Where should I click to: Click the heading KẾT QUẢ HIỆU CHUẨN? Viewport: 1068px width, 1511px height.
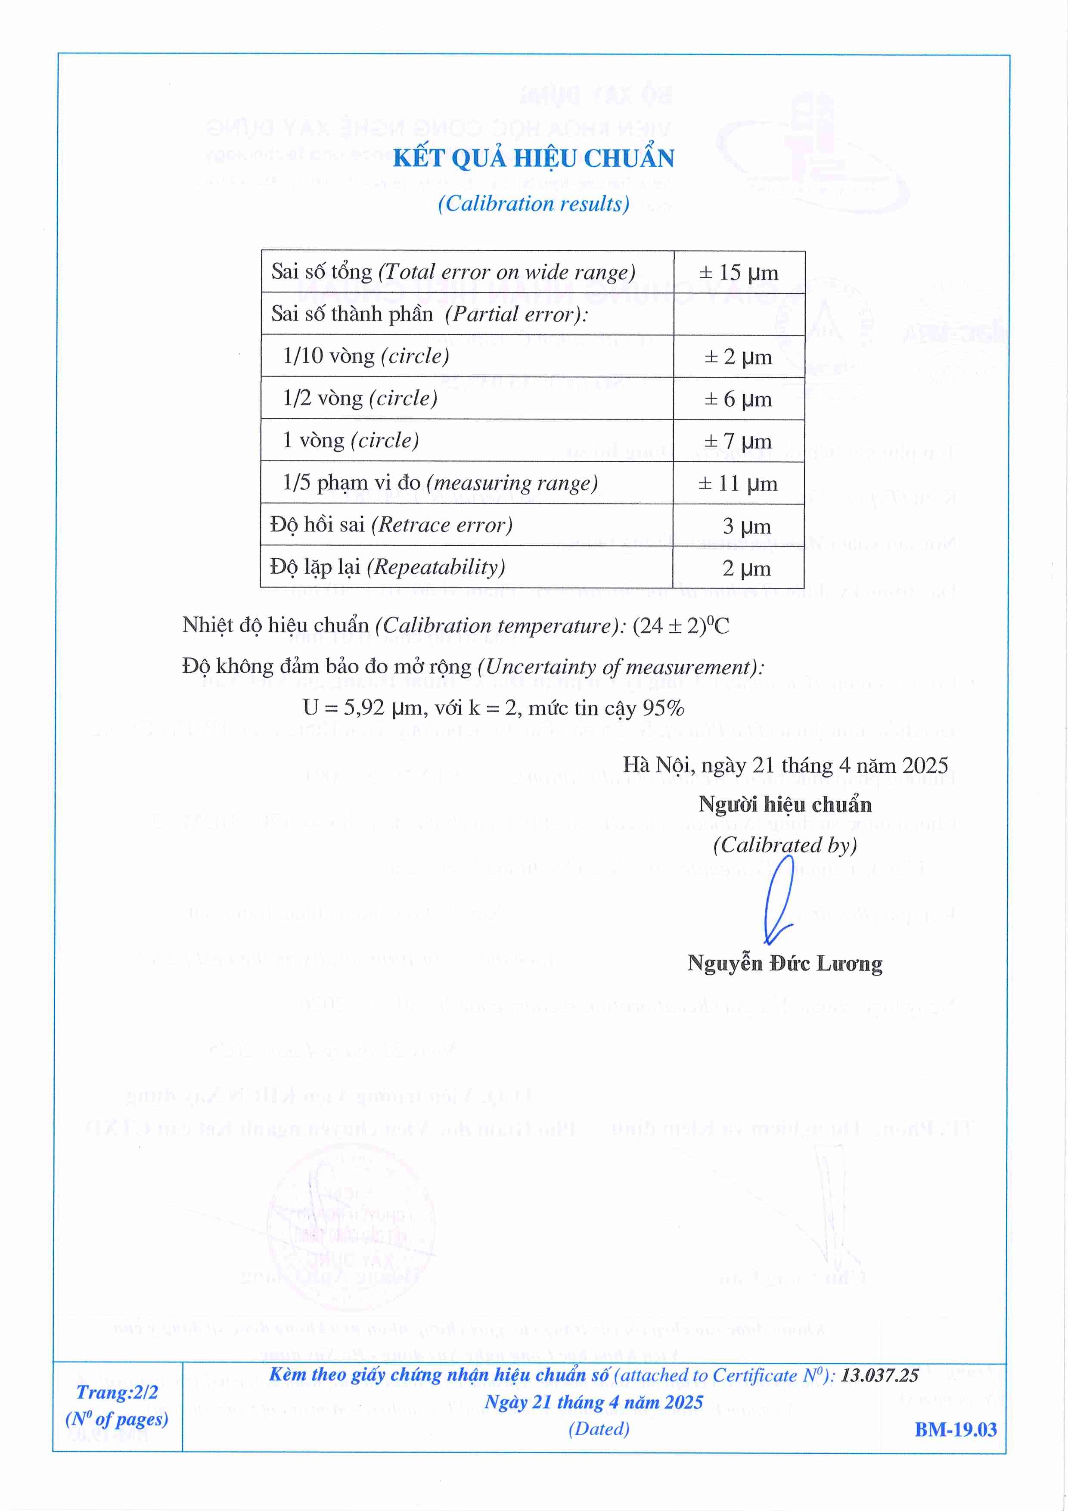pyautogui.click(x=533, y=159)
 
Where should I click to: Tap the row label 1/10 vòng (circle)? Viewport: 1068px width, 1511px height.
pyautogui.click(x=366, y=356)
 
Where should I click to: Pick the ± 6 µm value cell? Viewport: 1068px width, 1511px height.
pyautogui.click(x=738, y=399)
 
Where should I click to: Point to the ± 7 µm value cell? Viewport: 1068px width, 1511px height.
pyautogui.click(x=738, y=441)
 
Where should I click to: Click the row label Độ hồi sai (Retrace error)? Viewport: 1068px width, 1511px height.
pyautogui.click(x=391, y=525)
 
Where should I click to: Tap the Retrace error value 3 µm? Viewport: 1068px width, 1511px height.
pyautogui.click(x=746, y=526)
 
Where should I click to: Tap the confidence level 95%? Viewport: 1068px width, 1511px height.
pyautogui.click(x=663, y=708)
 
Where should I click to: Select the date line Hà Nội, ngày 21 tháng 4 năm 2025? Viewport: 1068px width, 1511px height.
pyautogui.click(x=785, y=765)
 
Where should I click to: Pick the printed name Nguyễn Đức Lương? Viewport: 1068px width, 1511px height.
pyautogui.click(x=784, y=964)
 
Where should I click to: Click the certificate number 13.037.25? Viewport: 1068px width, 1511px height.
pyautogui.click(x=880, y=1375)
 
